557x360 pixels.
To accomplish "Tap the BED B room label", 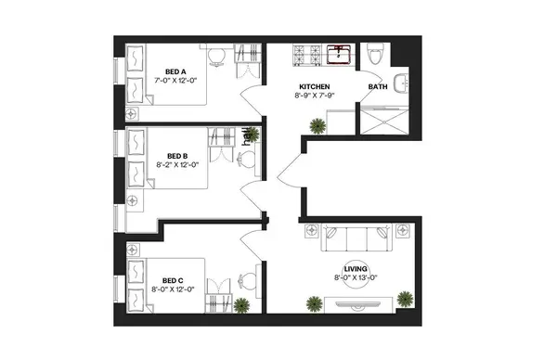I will point(178,156).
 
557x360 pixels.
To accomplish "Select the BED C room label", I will point(172,279).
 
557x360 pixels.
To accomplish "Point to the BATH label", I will point(378,88).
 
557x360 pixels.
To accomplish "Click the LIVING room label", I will point(356,268).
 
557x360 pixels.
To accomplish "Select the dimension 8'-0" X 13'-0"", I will point(356,277).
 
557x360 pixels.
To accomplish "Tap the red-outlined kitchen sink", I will point(341,54).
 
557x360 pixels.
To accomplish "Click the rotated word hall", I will point(247,137).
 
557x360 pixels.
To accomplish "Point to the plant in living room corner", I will point(405,298).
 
